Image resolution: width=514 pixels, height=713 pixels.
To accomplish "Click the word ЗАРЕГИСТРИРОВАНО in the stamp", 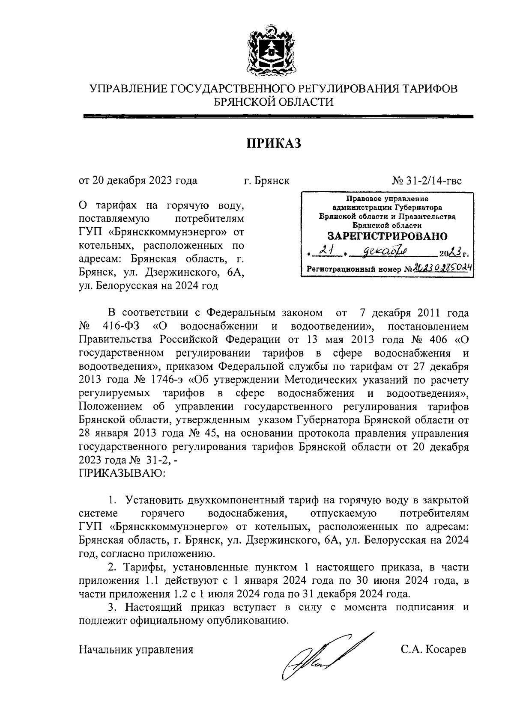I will (x=387, y=236).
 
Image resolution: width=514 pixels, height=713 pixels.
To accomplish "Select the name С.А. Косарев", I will (x=433, y=649).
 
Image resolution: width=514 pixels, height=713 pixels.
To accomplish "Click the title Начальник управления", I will (x=136, y=649).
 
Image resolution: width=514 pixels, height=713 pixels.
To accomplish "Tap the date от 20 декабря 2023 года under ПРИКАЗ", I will (x=138, y=180).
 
